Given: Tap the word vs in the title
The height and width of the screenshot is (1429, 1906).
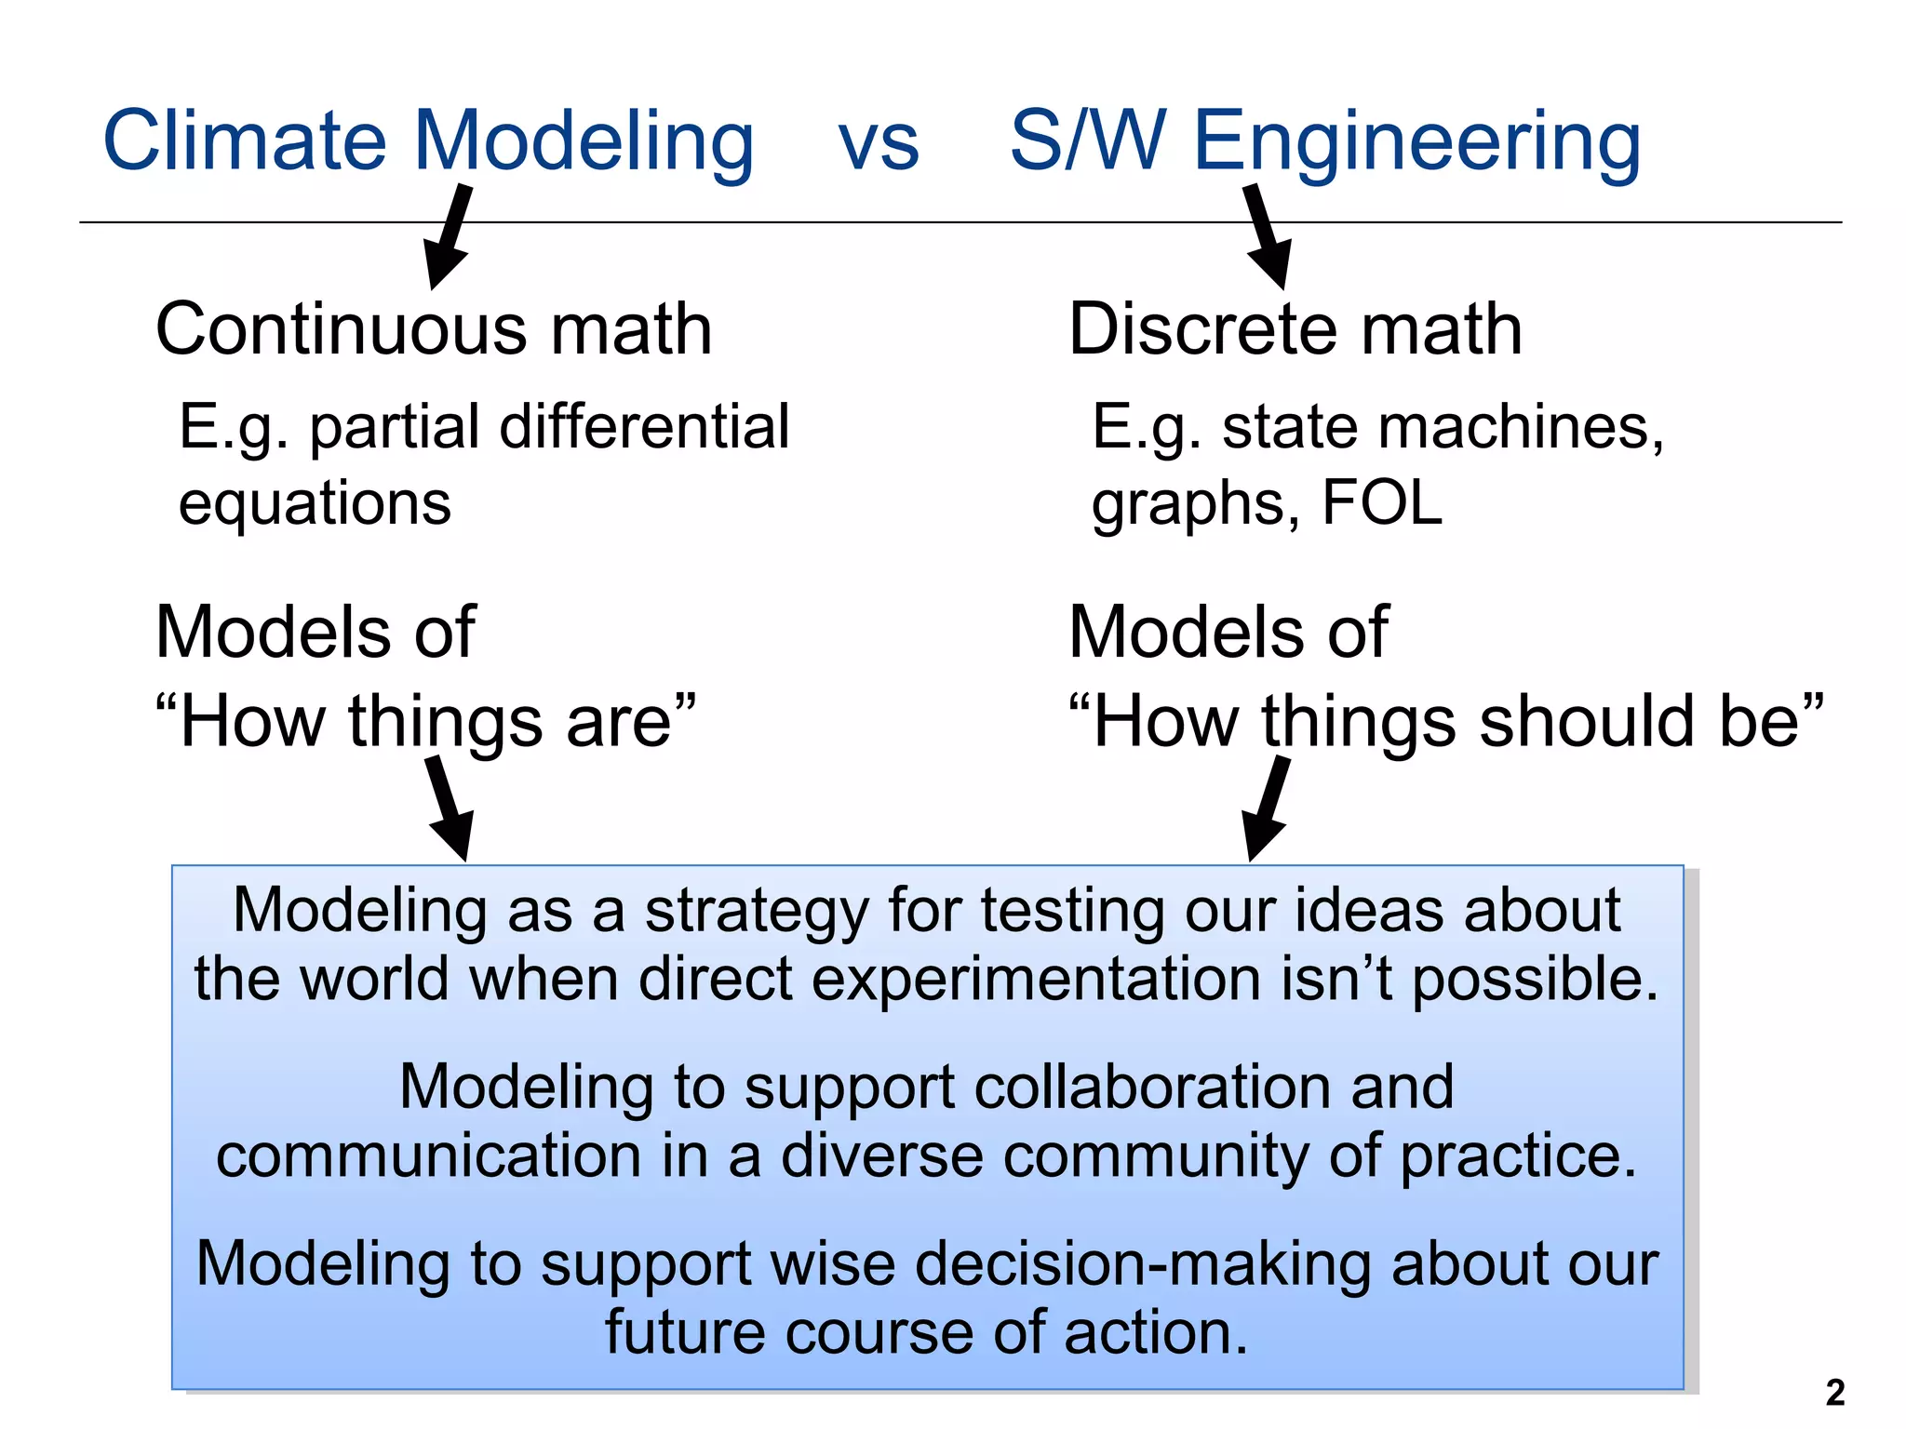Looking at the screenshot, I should [879, 144].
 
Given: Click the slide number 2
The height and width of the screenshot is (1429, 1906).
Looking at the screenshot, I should [1834, 1393].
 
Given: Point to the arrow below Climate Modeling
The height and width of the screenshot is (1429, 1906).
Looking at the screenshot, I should [449, 237].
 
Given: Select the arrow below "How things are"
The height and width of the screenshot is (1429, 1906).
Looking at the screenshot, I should [450, 808].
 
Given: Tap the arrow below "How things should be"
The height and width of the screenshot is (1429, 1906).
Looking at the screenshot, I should [1267, 808].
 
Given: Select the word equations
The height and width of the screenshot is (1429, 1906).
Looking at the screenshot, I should [315, 503].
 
